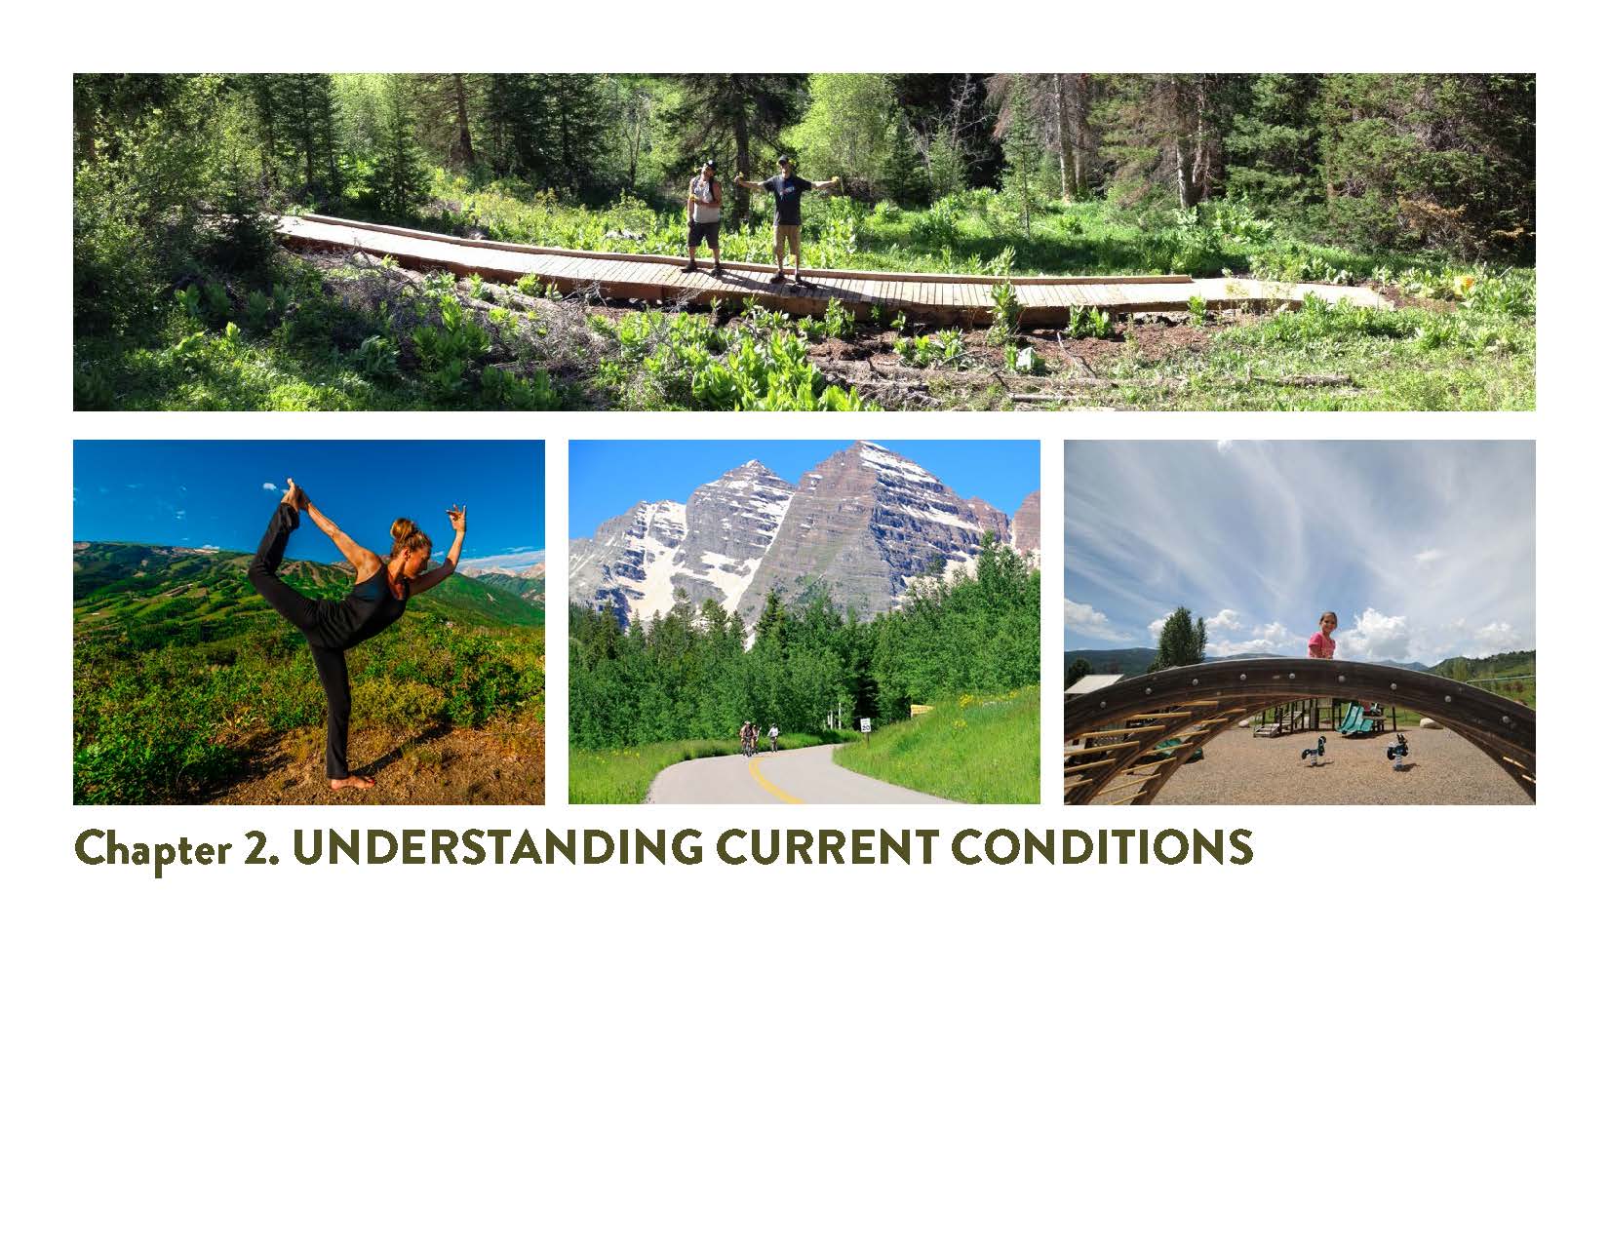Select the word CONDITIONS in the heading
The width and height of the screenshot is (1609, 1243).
point(1101,847)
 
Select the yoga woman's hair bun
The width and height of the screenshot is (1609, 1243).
point(401,529)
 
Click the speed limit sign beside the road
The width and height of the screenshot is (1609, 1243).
point(866,725)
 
